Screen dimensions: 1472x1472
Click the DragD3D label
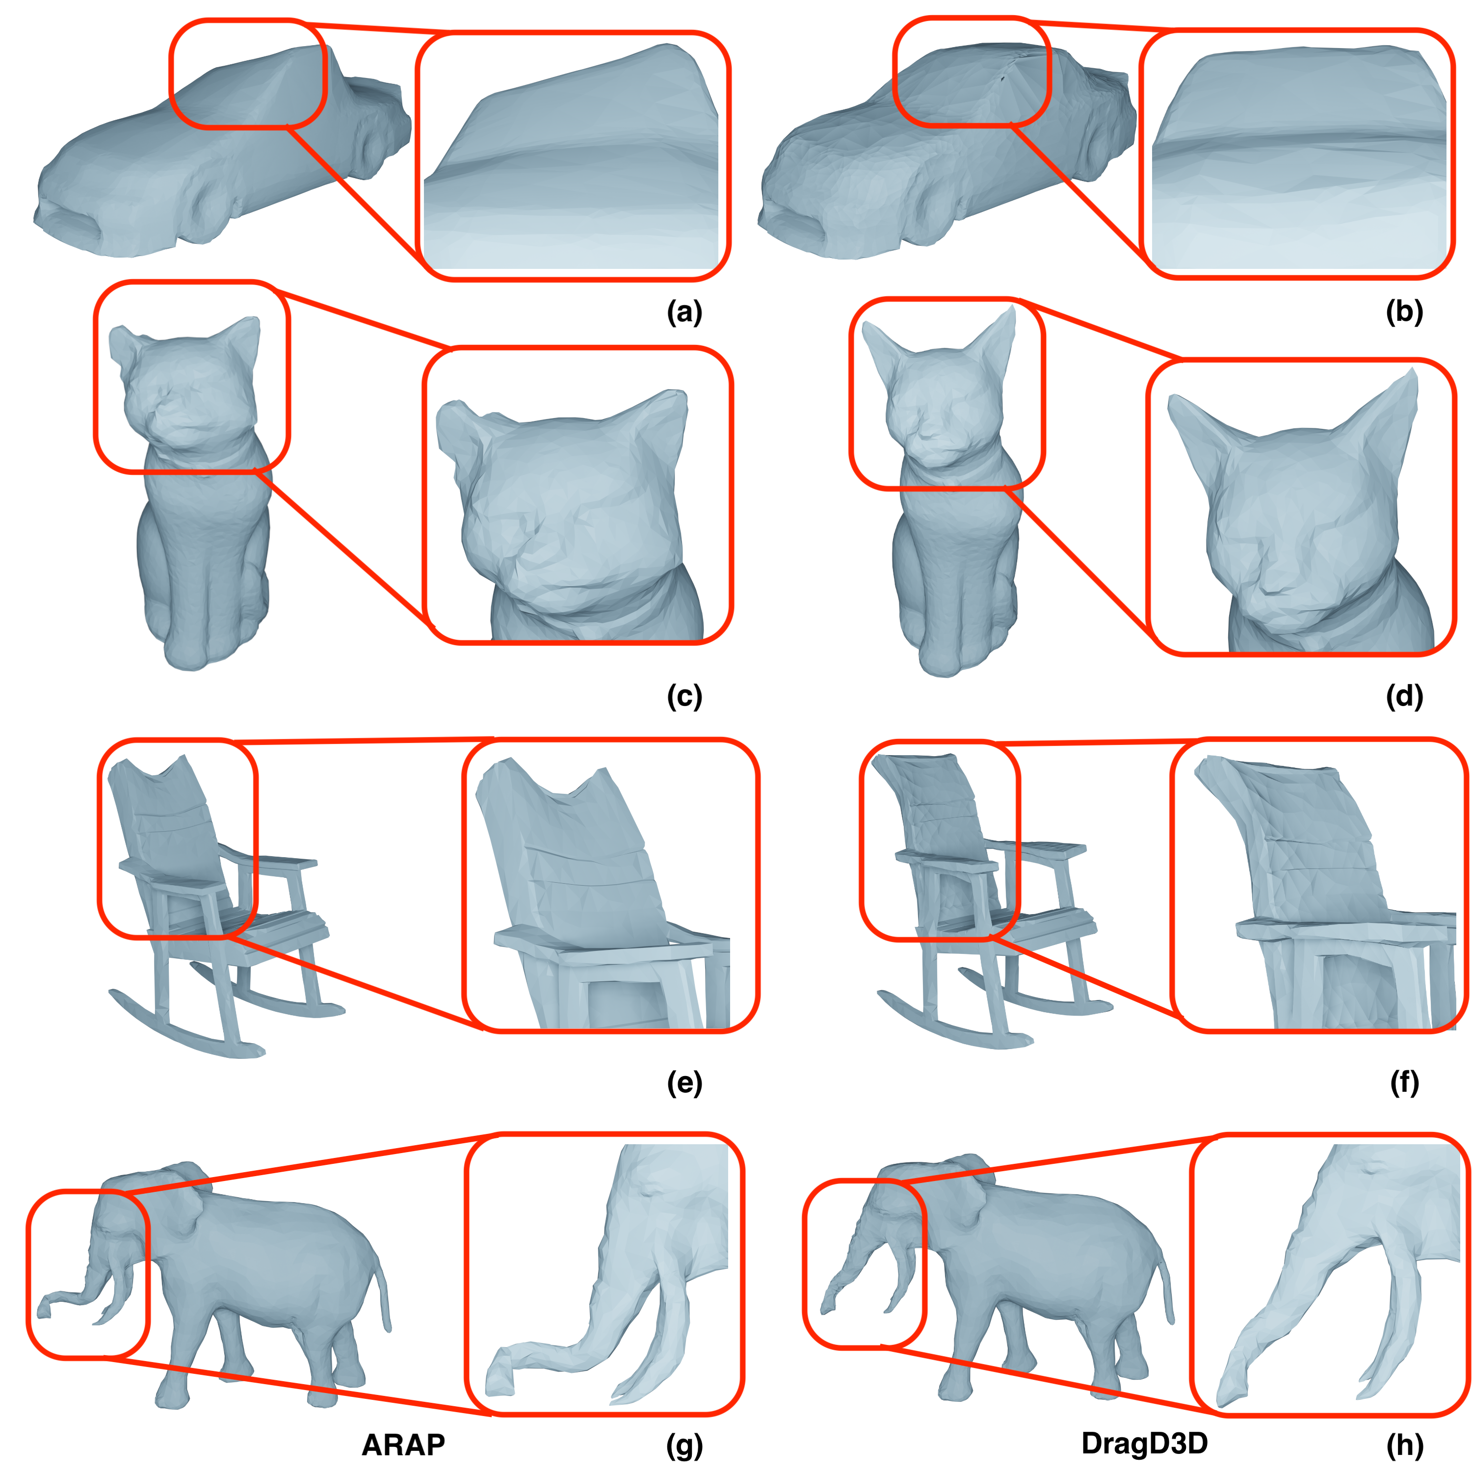pos(1144,1443)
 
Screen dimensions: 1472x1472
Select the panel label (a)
pos(684,313)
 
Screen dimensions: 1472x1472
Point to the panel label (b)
pos(1404,313)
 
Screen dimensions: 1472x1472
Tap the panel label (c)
pos(684,697)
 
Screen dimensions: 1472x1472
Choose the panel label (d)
pos(1404,697)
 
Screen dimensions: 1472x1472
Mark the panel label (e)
pos(684,1083)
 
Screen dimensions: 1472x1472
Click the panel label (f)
pos(1404,1083)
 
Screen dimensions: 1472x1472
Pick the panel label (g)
pos(684,1446)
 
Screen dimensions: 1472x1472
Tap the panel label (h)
pos(1404,1446)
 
